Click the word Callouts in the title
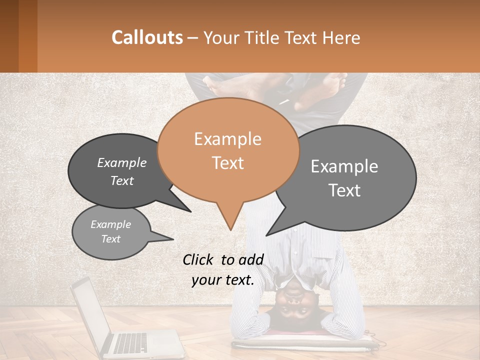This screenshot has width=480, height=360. tap(147, 37)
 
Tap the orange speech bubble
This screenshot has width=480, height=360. tap(228, 150)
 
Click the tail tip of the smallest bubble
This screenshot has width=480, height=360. tap(173, 239)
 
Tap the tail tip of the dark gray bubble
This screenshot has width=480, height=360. tap(190, 211)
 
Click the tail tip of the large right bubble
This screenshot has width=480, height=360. tap(266, 235)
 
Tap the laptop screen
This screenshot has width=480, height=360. tap(90, 315)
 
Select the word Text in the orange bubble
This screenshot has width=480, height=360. tap(228, 163)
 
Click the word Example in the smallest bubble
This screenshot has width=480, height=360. tap(111, 224)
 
